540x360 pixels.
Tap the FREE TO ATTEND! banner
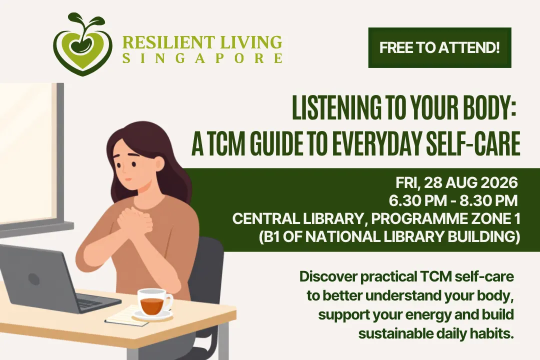[x=440, y=47]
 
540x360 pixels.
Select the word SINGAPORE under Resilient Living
[x=202, y=58]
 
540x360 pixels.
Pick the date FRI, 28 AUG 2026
[x=456, y=182]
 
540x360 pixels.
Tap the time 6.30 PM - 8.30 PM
[x=453, y=200]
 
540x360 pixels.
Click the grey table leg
[x=223, y=339]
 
